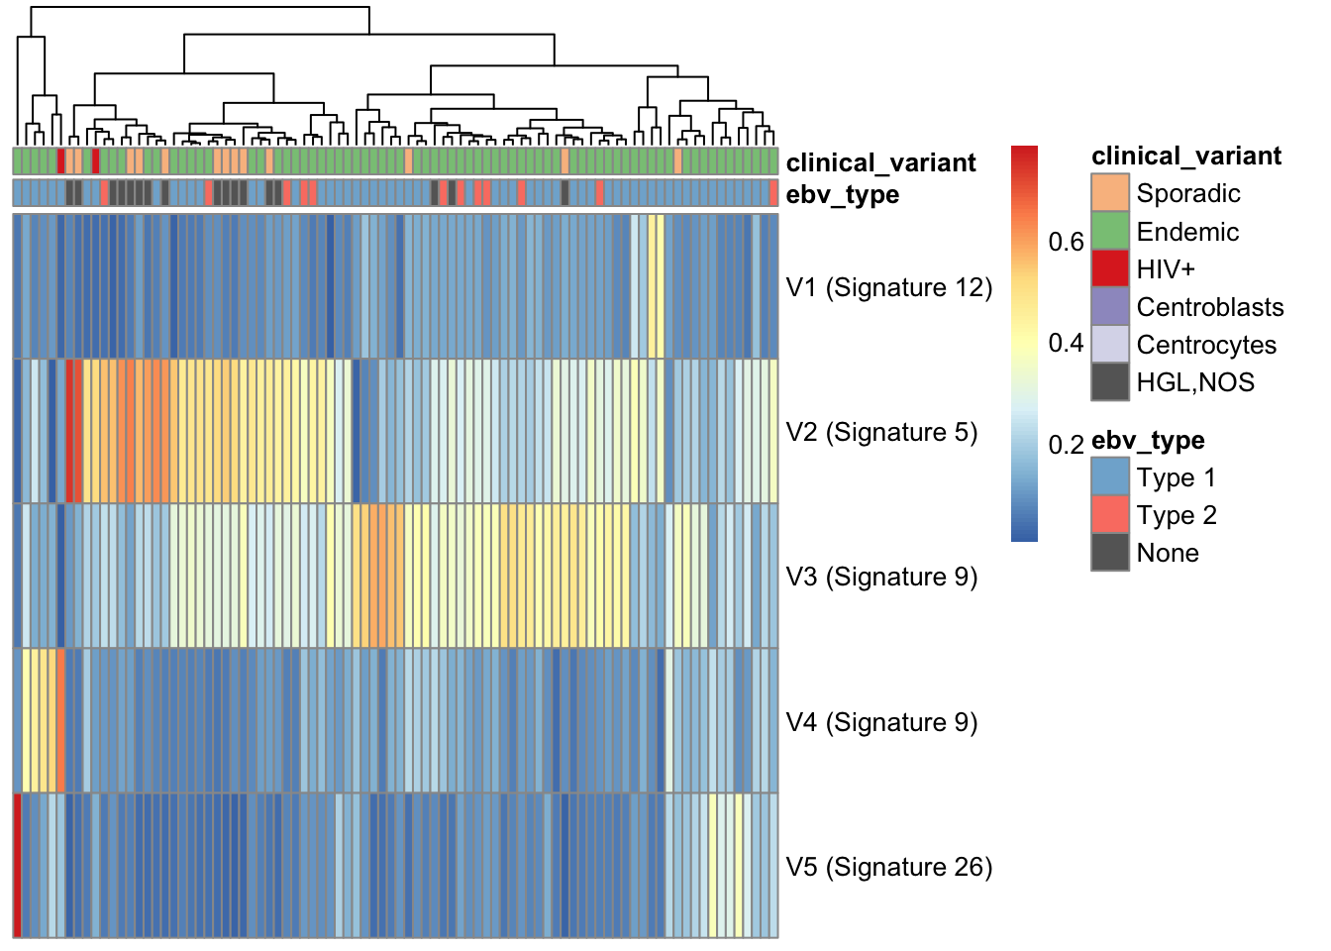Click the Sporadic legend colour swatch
1110,192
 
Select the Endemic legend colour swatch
1110,231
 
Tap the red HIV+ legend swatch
1110,268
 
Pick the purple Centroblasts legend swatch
1110,307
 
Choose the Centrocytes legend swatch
1110,344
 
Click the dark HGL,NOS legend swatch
1110,381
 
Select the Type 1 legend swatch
1110,476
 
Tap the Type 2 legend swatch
1110,515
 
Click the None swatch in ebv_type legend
1110,552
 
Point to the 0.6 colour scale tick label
1066,242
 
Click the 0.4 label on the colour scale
1066,343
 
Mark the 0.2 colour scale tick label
1066,445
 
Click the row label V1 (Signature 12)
889,287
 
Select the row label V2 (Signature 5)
881,432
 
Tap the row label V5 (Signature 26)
889,867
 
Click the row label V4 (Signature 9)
881,722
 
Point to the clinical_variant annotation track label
880,162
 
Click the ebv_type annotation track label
843,195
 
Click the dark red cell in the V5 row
18,866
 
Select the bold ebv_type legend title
1148,441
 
